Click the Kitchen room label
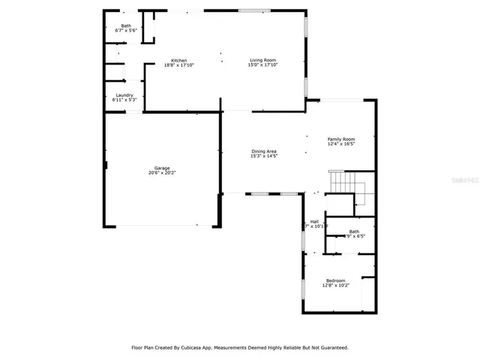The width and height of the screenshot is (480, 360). point(178,61)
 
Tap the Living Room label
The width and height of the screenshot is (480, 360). point(263,60)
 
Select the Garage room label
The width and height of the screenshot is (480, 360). point(162,168)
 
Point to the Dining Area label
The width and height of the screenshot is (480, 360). point(264,151)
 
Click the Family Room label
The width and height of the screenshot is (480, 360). point(340,139)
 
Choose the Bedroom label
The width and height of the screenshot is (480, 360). point(335,280)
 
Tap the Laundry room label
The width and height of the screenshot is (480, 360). point(124,95)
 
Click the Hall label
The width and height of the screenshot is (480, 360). point(314,221)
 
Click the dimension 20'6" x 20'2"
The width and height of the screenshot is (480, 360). point(162,172)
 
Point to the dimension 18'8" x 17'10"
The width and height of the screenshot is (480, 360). point(178,65)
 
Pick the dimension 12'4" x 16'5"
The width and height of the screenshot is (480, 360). point(340,143)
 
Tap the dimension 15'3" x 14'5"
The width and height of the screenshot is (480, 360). point(264,156)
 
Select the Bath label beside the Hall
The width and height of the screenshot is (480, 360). point(353,231)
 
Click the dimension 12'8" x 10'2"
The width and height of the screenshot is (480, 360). point(335,285)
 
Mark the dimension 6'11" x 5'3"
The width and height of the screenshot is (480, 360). point(124,100)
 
